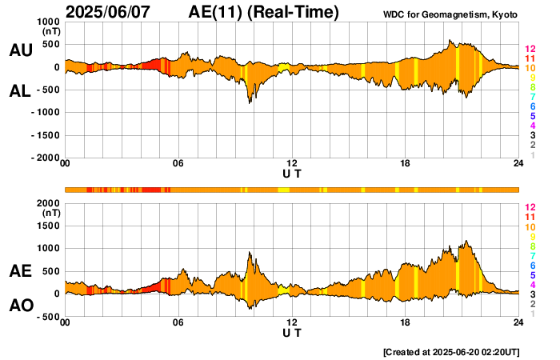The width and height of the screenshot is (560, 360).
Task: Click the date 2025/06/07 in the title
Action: pos(110,12)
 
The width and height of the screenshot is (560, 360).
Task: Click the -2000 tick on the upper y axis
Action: pos(45,158)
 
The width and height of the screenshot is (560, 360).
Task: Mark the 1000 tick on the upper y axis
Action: pos(49,22)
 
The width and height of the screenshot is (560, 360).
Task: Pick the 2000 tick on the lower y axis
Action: pos(49,203)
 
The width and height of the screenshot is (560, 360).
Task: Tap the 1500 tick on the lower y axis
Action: pos(49,226)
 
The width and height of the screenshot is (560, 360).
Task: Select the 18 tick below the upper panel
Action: pos(406,164)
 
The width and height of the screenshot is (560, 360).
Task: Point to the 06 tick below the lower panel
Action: pos(178,323)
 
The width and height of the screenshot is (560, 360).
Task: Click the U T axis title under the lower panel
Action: pos(292,332)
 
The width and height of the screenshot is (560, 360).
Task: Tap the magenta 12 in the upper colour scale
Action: pos(530,50)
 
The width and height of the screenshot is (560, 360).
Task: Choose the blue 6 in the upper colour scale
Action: pos(532,106)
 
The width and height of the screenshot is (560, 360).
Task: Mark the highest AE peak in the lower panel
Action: pos(466,241)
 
